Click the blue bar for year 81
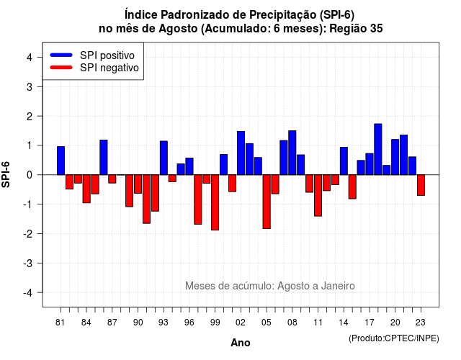[x=61, y=161]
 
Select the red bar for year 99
[x=215, y=202]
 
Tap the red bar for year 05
[x=267, y=202]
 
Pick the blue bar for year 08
[x=292, y=153]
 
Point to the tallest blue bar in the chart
[x=378, y=149]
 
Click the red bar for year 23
[x=421, y=185]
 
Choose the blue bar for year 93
[x=164, y=158]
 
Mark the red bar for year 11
[x=318, y=195]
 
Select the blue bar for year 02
[x=241, y=153]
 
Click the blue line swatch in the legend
[x=61, y=55]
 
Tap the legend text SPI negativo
[x=109, y=68]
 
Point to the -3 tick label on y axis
[x=28, y=263]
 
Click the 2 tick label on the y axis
[x=30, y=117]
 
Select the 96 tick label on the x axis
[x=189, y=323]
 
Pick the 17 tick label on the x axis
[x=370, y=323]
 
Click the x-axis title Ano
[x=241, y=343]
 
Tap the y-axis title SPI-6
[x=6, y=174]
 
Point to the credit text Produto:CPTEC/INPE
[x=394, y=338]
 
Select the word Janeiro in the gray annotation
[x=338, y=286]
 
